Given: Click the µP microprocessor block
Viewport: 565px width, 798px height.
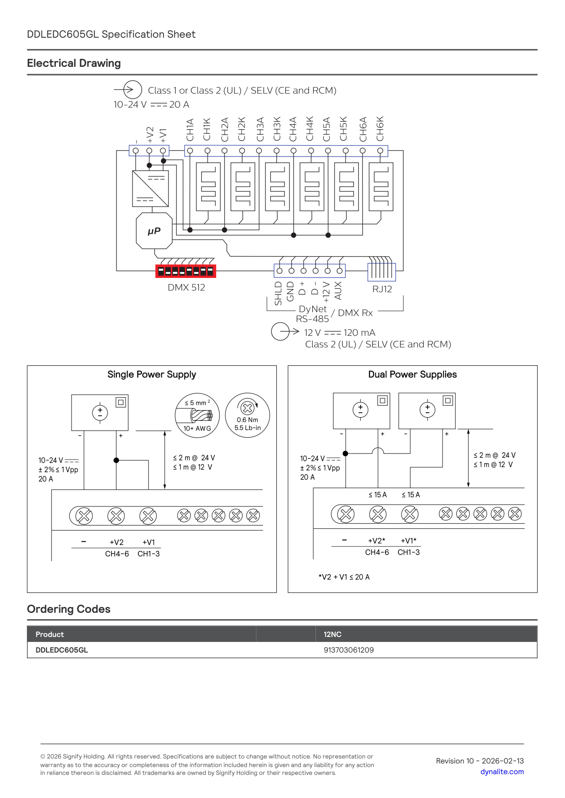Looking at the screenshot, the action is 154,231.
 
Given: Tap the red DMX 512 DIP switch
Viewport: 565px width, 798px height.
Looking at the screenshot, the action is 186,271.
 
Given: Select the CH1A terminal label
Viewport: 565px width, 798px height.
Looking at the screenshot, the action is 190,130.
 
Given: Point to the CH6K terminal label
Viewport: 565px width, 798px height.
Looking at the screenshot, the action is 380,129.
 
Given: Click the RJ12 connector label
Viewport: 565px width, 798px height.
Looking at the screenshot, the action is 382,289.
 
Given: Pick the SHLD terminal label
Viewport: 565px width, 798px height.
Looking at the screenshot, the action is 278,293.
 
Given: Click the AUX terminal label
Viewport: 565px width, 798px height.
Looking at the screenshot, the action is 338,290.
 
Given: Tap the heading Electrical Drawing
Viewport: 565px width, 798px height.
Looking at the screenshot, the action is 74,63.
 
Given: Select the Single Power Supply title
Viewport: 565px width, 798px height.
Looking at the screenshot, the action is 152,374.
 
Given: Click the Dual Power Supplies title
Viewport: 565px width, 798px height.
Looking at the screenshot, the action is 412,374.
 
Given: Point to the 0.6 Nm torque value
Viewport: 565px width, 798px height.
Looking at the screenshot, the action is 247,420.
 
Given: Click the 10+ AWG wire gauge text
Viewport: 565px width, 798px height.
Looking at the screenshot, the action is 197,428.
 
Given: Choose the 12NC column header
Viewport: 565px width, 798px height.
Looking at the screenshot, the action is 332,634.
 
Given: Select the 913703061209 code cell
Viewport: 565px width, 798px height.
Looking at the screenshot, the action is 349,650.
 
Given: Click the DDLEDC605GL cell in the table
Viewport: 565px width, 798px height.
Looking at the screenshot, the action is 62,650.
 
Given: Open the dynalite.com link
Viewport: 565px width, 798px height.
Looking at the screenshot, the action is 502,772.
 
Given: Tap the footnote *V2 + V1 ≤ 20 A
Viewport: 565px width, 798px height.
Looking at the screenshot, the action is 344,577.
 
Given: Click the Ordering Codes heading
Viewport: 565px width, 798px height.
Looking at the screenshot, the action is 69,609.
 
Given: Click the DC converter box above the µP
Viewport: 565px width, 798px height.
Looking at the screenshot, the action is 150,188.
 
